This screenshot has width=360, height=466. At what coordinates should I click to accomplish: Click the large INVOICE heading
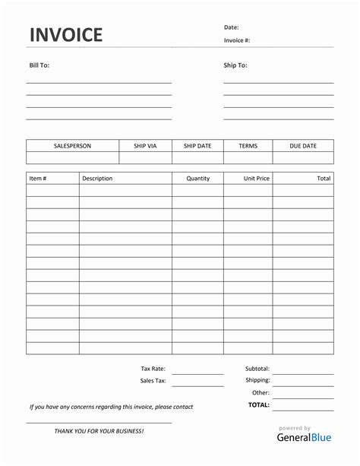pos(65,35)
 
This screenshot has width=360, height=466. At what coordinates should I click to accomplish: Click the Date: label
pos(231,27)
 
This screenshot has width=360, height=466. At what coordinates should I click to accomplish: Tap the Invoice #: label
pos(236,40)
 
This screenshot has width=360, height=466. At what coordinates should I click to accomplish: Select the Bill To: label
pos(39,65)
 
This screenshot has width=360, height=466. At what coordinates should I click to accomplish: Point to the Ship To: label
pos(235,65)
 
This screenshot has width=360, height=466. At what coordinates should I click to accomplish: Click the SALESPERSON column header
pos(72,146)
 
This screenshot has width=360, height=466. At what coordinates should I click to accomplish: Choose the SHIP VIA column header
pos(145,146)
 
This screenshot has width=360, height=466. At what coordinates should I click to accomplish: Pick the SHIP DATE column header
pos(197,146)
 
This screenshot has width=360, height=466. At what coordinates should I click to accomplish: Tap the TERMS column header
pos(248,146)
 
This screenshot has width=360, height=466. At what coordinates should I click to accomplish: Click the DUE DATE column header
pos(302,146)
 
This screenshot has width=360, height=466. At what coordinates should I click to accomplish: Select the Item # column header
pos(38,179)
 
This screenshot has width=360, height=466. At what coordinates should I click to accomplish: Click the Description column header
pos(97,179)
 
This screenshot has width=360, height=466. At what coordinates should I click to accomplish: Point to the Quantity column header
pos(197,179)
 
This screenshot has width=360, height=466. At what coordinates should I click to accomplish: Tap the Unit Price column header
pos(257,179)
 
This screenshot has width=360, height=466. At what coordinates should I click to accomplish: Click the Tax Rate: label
pos(153,368)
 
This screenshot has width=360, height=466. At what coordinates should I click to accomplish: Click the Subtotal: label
pos(257,368)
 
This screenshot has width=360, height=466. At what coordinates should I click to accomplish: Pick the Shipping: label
pos(257,380)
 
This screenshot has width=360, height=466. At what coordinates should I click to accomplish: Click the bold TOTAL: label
pos(258,405)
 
